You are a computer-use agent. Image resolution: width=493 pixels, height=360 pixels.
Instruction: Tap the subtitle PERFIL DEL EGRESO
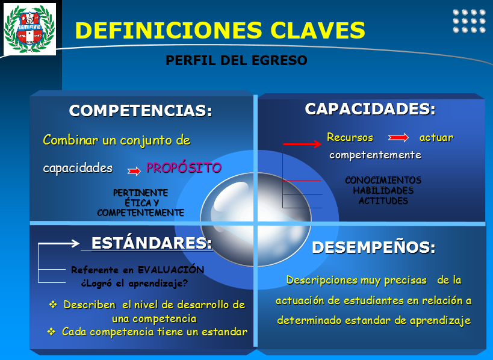coord(236,61)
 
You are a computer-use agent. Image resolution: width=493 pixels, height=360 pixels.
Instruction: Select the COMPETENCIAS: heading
coord(141,111)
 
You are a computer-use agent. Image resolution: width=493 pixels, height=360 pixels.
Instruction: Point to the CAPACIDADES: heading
coord(370,109)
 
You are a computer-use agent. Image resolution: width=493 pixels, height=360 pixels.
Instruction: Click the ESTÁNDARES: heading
coord(152,243)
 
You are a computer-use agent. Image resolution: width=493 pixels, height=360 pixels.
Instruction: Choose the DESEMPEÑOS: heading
coord(373,247)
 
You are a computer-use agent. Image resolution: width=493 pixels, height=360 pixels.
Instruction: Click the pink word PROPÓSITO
coord(184,168)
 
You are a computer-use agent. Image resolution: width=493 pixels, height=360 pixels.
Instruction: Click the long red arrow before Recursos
coord(302,144)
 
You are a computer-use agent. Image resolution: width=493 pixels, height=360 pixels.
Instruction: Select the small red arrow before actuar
coord(398,138)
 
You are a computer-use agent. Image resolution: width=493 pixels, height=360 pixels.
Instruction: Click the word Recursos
coord(350,137)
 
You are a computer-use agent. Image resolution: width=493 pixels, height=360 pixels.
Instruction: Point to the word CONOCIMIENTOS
coord(383,181)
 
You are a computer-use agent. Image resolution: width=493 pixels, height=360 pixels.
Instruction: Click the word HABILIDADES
coord(383,190)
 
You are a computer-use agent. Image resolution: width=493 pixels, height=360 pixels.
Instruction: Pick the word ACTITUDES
coord(383,200)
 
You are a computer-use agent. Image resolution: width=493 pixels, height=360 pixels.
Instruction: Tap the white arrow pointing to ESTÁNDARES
coord(58,244)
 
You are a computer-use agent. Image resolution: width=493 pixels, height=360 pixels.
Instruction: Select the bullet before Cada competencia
coord(51,332)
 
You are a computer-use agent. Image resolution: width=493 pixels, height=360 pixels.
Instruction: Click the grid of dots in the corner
coord(469,20)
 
